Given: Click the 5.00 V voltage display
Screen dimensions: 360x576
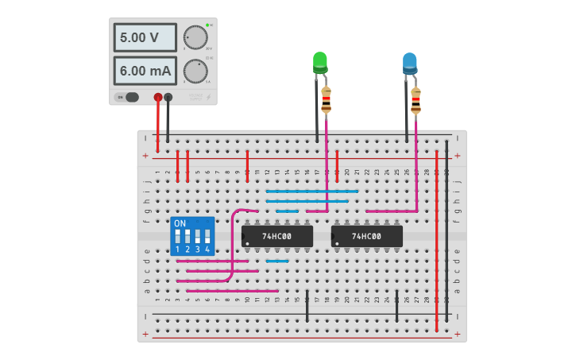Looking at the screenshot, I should pyautogui.click(x=145, y=37).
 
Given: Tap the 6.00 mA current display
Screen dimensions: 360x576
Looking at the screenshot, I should pyautogui.click(x=145, y=71).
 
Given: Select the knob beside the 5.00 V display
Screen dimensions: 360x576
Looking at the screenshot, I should pyautogui.click(x=195, y=37).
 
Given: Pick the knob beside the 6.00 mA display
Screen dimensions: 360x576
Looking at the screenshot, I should pyautogui.click(x=195, y=71).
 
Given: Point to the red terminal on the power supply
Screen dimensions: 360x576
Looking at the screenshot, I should pyautogui.click(x=158, y=97).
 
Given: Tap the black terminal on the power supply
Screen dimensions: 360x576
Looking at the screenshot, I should pyautogui.click(x=168, y=97).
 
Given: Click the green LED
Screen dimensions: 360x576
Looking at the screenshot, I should pyautogui.click(x=320, y=61).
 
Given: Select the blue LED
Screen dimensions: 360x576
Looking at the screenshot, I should pyautogui.click(x=409, y=62).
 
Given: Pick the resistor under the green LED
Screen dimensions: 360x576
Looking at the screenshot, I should pyautogui.click(x=326, y=100).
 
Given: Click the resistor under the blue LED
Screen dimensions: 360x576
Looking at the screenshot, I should pyautogui.click(x=416, y=100).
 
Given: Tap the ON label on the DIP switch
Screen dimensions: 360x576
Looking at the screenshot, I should pyautogui.click(x=180, y=223).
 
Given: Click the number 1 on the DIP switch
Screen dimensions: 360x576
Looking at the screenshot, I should pyautogui.click(x=178, y=250).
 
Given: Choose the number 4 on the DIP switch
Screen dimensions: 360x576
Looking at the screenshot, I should pyautogui.click(x=207, y=250).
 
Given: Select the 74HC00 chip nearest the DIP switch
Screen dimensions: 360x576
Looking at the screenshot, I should pyautogui.click(x=277, y=236).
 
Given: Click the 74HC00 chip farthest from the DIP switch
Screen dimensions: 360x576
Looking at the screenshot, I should pyautogui.click(x=366, y=236).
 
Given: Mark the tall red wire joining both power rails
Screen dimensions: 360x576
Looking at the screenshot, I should pyautogui.click(x=436, y=238).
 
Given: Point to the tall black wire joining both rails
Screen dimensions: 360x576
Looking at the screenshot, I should pyautogui.click(x=446, y=230).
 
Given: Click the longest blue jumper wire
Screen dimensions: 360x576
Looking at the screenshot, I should pyautogui.click(x=312, y=191).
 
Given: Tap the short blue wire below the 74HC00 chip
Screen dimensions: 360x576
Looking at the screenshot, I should pyautogui.click(x=277, y=261).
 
